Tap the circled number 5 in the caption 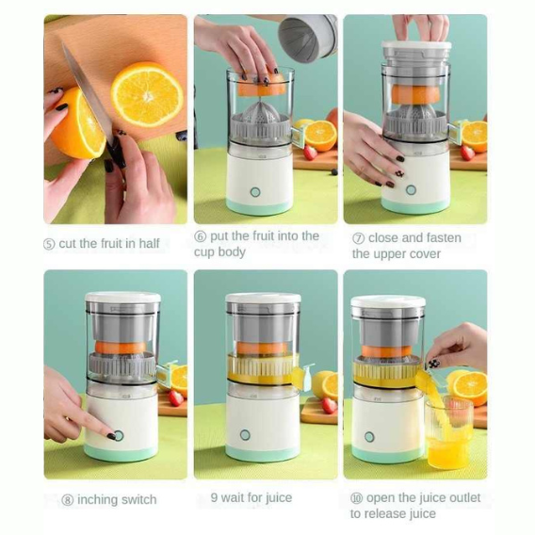click(x=49, y=244)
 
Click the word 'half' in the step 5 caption click(x=149, y=243)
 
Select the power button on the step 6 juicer click(x=255, y=192)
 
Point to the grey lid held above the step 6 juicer click(x=308, y=37)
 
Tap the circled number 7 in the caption click(x=358, y=238)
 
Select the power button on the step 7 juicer click(x=412, y=190)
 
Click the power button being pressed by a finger click(x=119, y=436)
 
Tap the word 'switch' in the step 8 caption click(x=138, y=499)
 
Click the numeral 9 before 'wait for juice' click(x=214, y=497)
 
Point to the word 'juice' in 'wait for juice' click(x=279, y=497)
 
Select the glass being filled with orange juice click(x=449, y=432)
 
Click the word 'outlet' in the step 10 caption click(x=463, y=497)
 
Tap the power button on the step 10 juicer click(x=369, y=437)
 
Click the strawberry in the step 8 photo click(x=176, y=398)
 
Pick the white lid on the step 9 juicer click(x=263, y=298)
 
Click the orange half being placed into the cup click(x=262, y=86)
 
